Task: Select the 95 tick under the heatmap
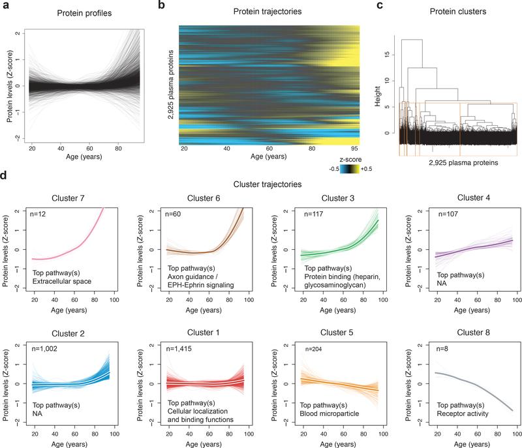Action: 353,149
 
